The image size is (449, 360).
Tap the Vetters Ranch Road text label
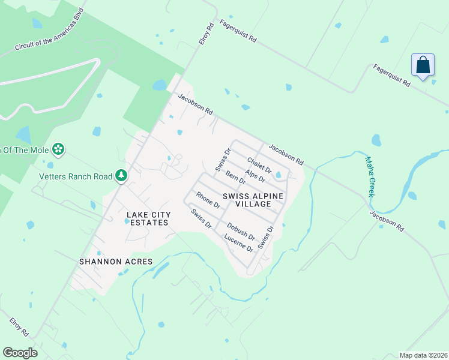(x=76, y=176)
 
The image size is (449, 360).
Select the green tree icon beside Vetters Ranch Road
(x=122, y=175)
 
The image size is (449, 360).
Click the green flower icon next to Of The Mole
(x=58, y=148)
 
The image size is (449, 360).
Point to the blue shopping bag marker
(x=423, y=66)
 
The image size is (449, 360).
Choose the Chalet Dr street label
(x=259, y=165)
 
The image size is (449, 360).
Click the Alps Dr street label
(x=255, y=176)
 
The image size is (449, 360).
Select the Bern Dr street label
(x=236, y=178)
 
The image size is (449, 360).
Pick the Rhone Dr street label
(x=208, y=200)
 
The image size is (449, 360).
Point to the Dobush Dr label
(x=241, y=232)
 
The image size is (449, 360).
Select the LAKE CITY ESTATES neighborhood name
(x=148, y=218)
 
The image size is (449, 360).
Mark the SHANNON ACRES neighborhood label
(x=116, y=262)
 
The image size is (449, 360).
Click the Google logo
(x=20, y=353)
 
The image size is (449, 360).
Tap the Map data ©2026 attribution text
(x=423, y=355)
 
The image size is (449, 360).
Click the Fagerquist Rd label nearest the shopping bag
(x=391, y=76)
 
